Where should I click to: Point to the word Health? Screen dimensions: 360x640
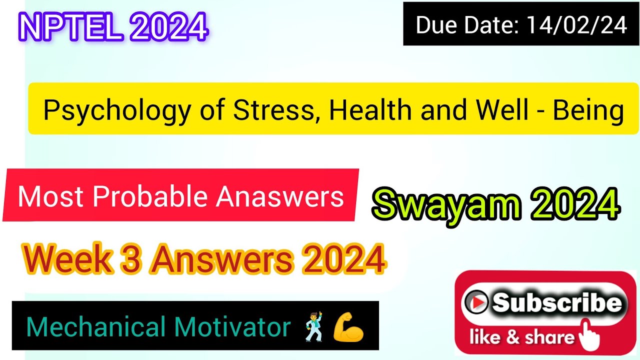pyautogui.click(x=370, y=110)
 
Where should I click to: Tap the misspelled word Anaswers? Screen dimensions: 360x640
pyautogui.click(x=279, y=196)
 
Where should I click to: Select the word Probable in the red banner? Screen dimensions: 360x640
pyautogui.click(x=151, y=196)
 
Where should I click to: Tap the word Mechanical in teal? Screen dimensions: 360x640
pyautogui.click(x=95, y=327)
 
